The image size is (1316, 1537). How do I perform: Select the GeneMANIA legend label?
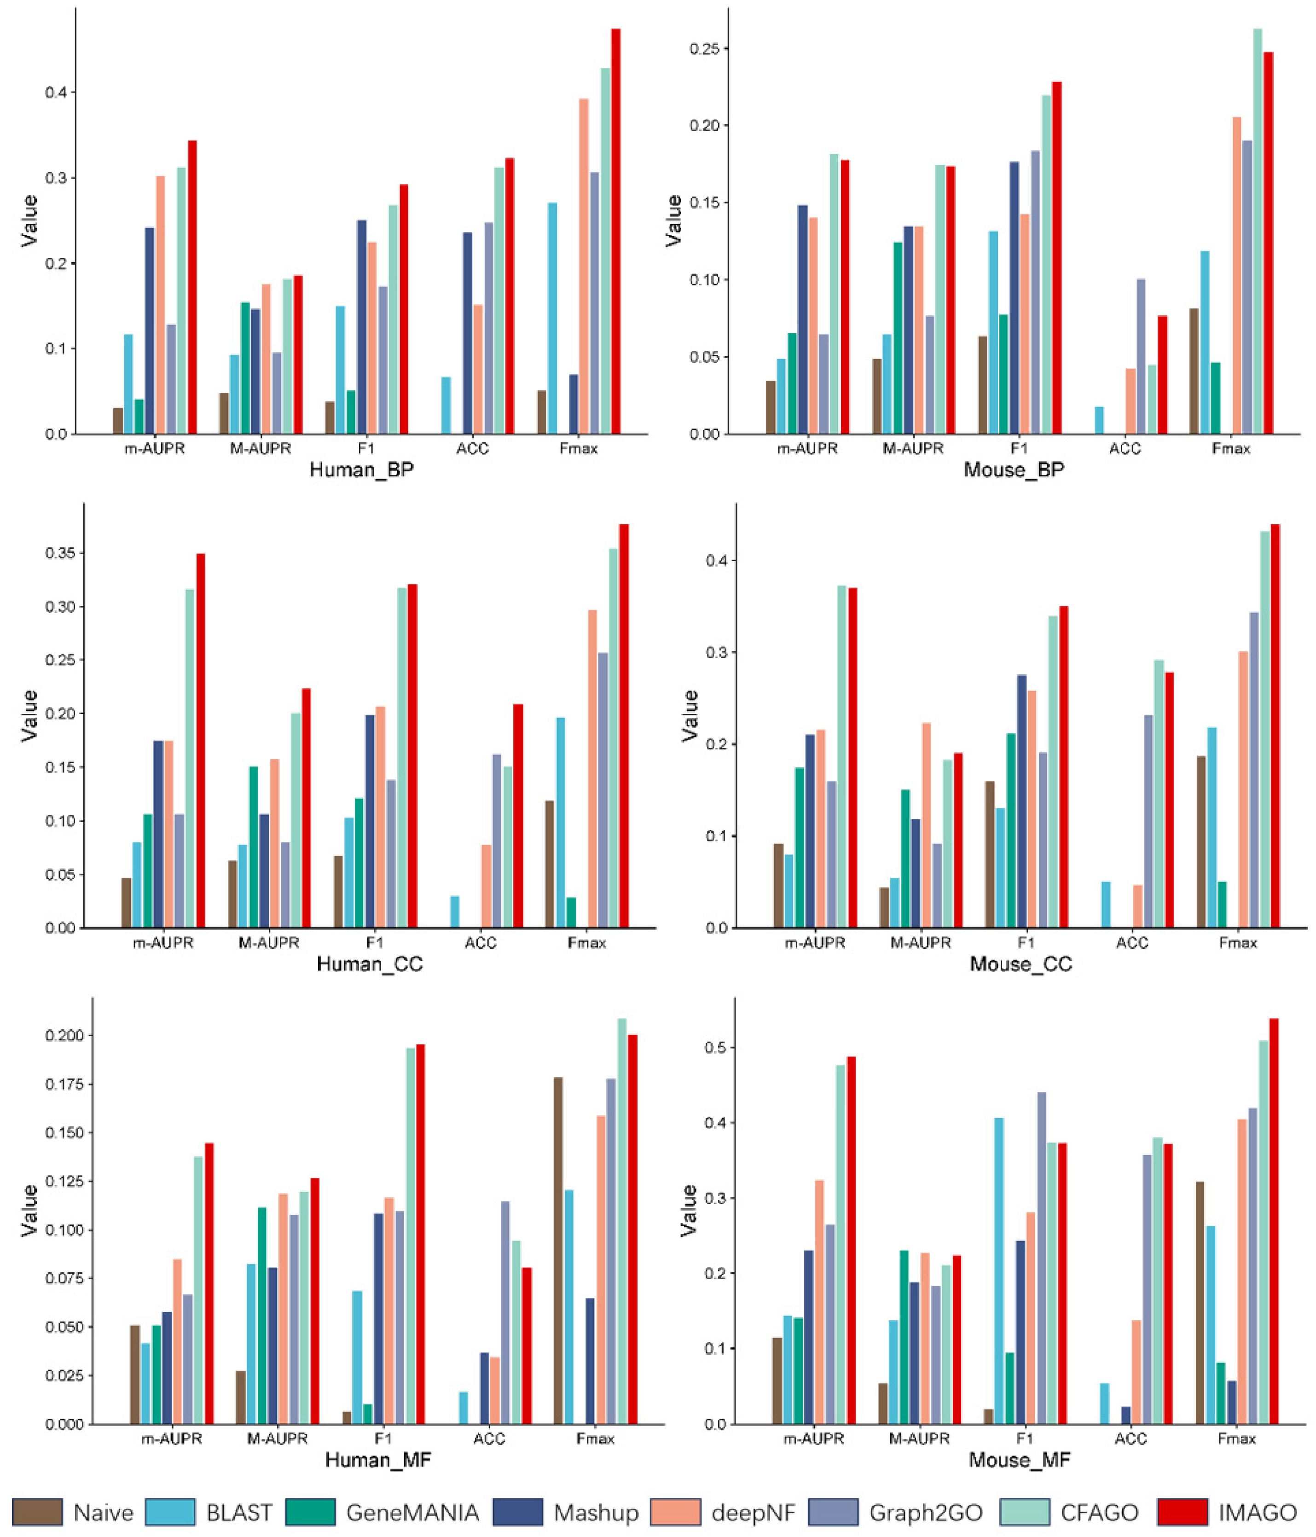pyautogui.click(x=412, y=1512)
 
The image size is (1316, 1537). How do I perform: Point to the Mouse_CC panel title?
pyautogui.click(x=1021, y=963)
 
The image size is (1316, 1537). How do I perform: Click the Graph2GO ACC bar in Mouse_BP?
pyautogui.click(x=1140, y=356)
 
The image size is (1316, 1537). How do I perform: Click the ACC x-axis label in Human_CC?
pyautogui.click(x=480, y=943)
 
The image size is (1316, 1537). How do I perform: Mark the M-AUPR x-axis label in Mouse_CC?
pyautogui.click(x=920, y=943)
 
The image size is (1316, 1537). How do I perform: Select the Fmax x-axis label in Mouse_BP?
pyautogui.click(x=1231, y=449)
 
